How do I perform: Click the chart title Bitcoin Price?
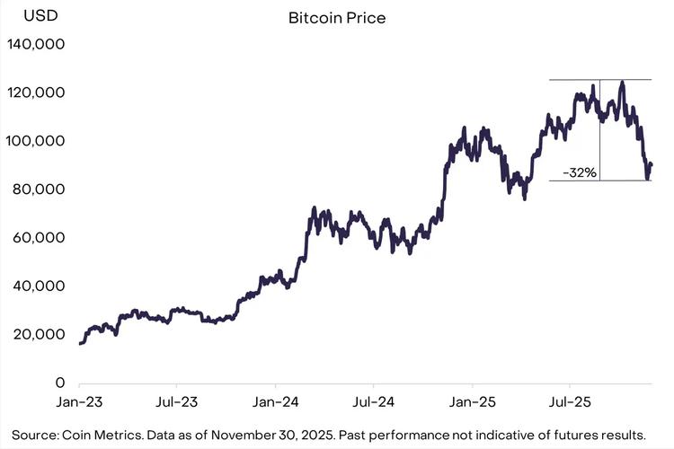tap(337, 18)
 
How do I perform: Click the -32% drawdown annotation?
tap(579, 172)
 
